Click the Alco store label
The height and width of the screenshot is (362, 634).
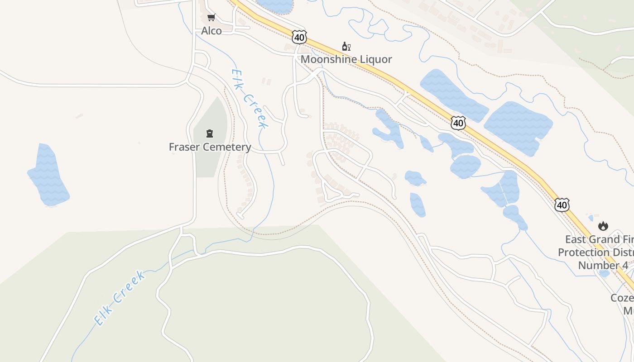[211, 31]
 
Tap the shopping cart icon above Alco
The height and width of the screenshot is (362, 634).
[211, 18]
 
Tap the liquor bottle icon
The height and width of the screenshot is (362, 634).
[346, 46]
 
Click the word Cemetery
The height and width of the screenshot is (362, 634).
[227, 147]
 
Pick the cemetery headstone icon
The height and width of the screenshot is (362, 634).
[210, 133]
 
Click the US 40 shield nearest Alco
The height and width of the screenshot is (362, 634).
[299, 37]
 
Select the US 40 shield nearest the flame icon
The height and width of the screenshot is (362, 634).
[562, 205]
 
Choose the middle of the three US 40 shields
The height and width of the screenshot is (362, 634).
[458, 123]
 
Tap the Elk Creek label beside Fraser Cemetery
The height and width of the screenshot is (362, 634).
[249, 99]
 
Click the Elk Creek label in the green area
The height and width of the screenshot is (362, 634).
[120, 298]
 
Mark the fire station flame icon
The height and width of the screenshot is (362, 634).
[603, 226]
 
